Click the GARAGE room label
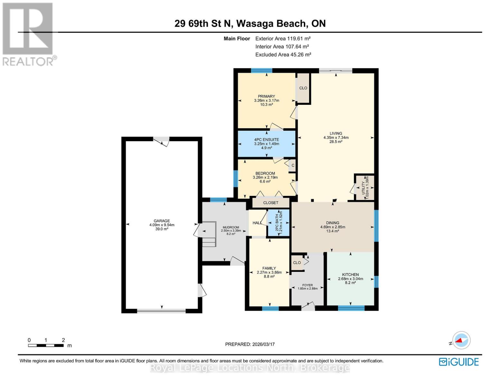162,221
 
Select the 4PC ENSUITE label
267,140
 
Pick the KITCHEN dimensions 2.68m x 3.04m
350,279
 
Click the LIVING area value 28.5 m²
336,142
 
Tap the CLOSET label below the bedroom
270,203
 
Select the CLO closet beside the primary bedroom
303,88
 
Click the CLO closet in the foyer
297,263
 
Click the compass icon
461,340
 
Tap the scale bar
46,345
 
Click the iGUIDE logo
459,362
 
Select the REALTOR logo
28,34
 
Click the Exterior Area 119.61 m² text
283,39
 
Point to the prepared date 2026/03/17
250,344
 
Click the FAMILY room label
269,268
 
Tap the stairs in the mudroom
209,234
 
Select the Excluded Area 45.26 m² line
283,55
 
